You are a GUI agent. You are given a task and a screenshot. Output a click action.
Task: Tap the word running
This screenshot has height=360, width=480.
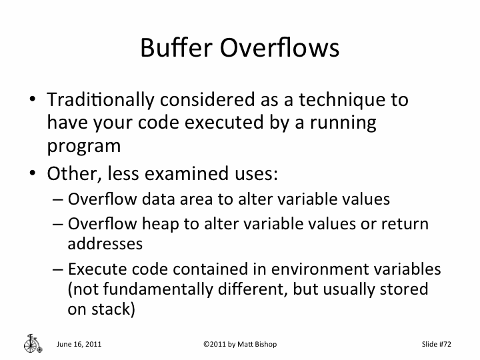coord(344,123)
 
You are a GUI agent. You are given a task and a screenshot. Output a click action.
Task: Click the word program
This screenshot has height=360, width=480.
coord(84,147)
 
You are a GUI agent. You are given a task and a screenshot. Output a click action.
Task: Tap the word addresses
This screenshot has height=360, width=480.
coord(105,243)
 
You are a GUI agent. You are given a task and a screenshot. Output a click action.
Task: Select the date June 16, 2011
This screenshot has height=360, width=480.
coord(79,344)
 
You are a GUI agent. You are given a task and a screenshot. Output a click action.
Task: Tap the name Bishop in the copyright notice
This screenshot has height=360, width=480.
coord(263,344)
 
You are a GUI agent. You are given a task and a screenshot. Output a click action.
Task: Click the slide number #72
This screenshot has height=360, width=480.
coord(445,344)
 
